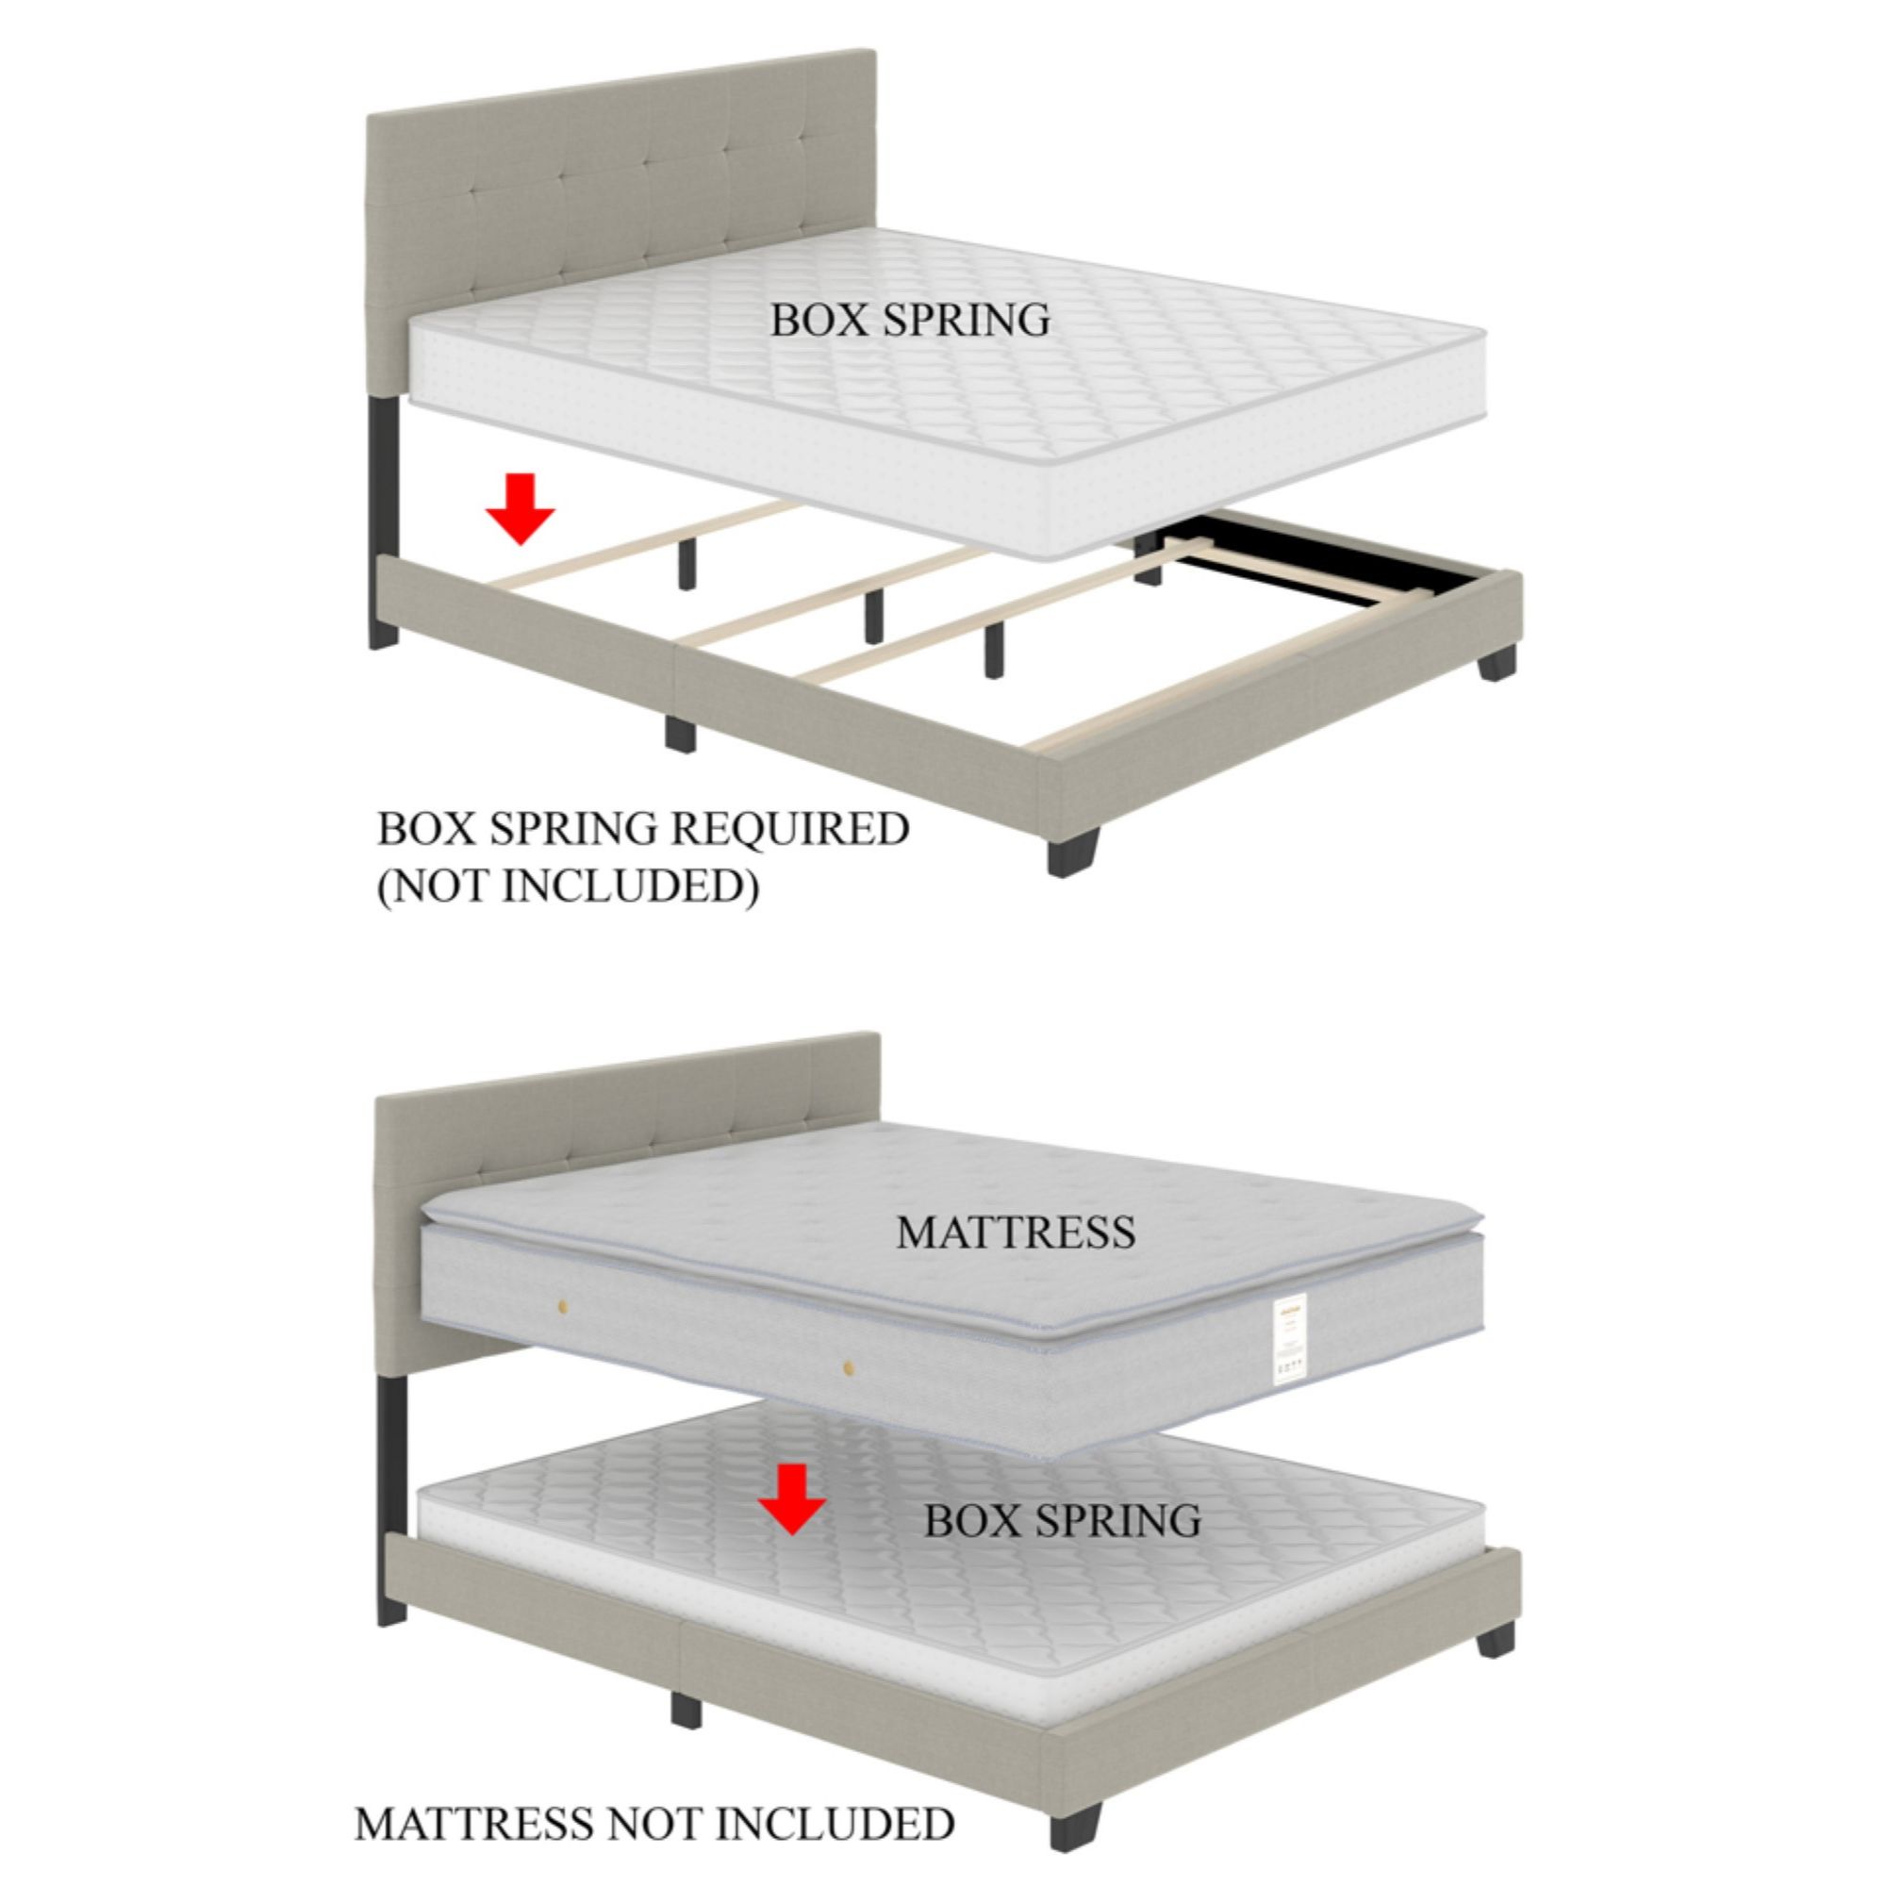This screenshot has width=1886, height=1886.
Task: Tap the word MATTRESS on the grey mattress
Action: [1016, 1233]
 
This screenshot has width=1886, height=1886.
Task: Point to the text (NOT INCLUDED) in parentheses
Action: [567, 885]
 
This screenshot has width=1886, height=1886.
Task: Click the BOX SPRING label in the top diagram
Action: [910, 321]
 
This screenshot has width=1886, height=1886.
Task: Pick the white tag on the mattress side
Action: [1291, 1343]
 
